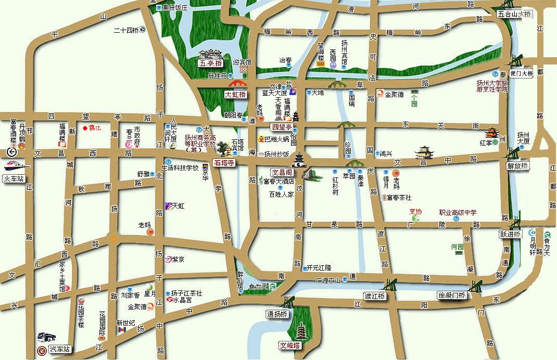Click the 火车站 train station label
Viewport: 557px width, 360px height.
15,178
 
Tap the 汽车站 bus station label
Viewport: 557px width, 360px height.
59,349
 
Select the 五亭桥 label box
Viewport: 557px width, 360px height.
210,63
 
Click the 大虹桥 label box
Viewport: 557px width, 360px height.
235,95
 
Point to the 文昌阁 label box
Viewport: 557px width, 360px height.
282,172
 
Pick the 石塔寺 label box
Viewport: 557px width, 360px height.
224,163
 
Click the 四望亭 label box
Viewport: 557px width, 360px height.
281,127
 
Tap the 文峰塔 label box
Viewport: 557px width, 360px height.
290,345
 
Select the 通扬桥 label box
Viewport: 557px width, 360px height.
276,314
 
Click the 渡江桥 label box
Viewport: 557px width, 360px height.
374,297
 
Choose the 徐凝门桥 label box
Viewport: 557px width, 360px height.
452,295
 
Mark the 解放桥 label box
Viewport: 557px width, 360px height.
517,166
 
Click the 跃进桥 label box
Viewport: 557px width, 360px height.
510,234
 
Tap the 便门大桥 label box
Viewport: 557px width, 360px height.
522,73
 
